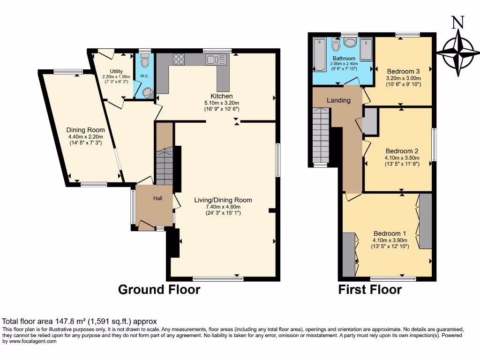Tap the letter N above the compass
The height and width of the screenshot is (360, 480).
click(x=458, y=22)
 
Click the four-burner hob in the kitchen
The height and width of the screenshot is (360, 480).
click(x=179, y=59)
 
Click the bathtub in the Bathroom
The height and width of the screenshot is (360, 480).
click(x=320, y=54)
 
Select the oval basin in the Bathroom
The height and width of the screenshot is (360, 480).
click(x=350, y=43)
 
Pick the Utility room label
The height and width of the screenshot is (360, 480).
click(x=116, y=71)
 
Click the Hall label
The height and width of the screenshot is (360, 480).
click(x=157, y=198)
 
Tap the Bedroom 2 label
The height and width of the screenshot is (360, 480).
click(x=402, y=151)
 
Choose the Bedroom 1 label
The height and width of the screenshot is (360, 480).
click(x=390, y=233)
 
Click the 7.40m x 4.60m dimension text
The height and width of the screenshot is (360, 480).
click(x=223, y=207)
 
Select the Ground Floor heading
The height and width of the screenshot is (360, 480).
click(x=159, y=290)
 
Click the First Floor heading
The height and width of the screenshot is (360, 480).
click(x=370, y=290)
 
